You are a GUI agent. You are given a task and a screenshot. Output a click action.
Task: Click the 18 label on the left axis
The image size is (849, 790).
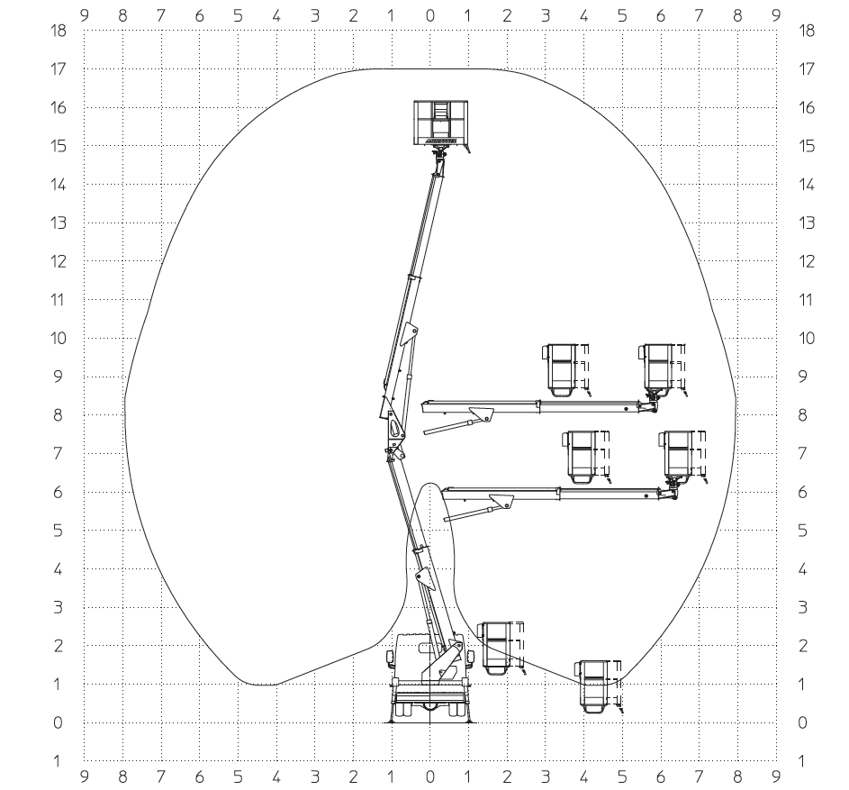[x=59, y=31]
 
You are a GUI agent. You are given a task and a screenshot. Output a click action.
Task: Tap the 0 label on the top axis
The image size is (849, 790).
[x=430, y=15]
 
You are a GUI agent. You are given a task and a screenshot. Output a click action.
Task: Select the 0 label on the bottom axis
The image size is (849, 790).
[x=430, y=777]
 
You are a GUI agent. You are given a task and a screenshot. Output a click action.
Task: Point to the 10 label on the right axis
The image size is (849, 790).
[x=806, y=339]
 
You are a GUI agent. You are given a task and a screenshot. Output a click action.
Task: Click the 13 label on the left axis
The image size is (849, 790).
[x=59, y=223]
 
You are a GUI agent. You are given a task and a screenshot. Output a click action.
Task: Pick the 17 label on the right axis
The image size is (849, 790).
[x=806, y=69]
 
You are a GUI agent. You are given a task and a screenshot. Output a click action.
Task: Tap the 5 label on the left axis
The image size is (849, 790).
[x=59, y=531]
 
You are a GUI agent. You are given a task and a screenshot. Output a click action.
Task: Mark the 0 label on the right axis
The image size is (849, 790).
[x=803, y=722]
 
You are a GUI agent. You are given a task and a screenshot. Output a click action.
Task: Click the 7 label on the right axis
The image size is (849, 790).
[x=803, y=453]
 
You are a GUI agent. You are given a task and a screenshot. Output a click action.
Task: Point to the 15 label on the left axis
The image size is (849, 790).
[x=59, y=146]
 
